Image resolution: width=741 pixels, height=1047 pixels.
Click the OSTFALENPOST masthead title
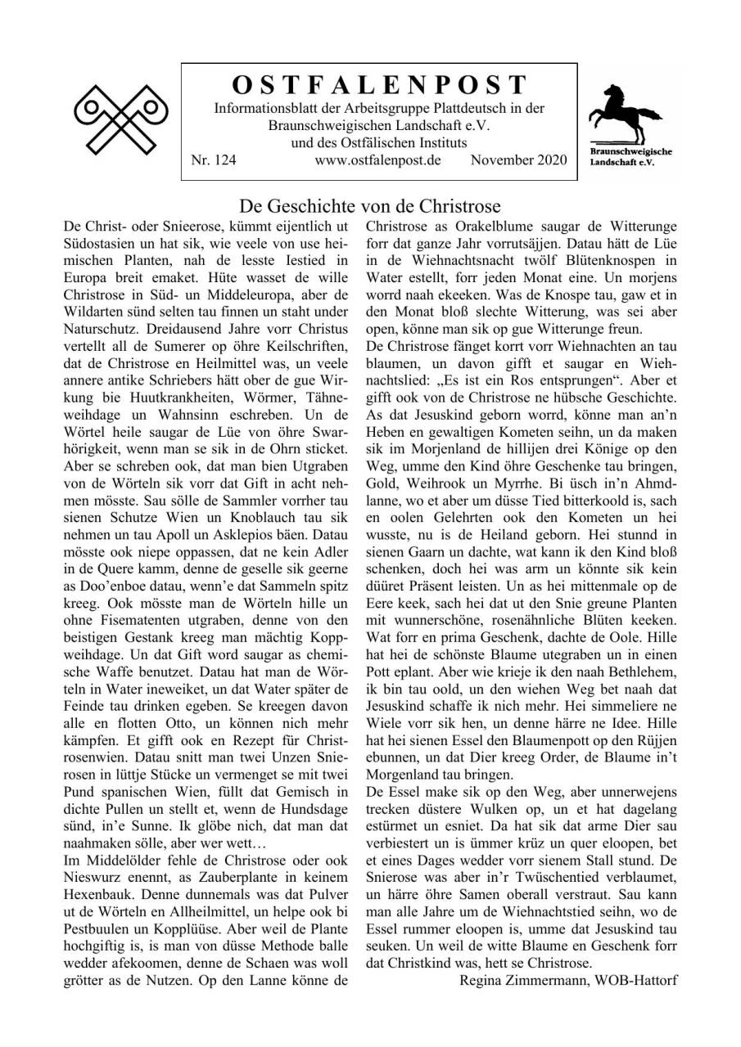[x=379, y=85]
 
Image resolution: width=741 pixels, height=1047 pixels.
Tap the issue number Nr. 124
[x=213, y=160]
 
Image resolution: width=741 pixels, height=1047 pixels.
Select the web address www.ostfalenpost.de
[x=377, y=160]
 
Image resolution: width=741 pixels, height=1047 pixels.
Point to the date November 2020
[x=518, y=160]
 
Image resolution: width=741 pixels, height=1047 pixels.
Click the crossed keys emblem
[x=120, y=119]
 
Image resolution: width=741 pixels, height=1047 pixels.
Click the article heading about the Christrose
[x=370, y=205]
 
